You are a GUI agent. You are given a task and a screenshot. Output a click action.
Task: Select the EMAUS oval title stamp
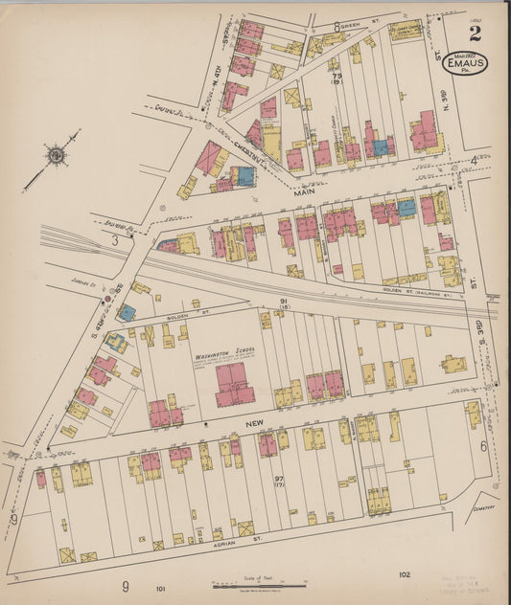pos(465,62)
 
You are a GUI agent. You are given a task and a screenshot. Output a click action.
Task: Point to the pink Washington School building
pos(235,384)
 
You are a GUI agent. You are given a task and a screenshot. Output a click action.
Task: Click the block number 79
pos(337,75)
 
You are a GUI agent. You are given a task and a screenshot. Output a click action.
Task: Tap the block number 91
pos(283,302)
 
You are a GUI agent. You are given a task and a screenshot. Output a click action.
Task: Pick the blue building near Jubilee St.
pos(127,313)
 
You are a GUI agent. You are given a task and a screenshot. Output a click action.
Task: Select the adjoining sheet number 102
pos(406,574)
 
